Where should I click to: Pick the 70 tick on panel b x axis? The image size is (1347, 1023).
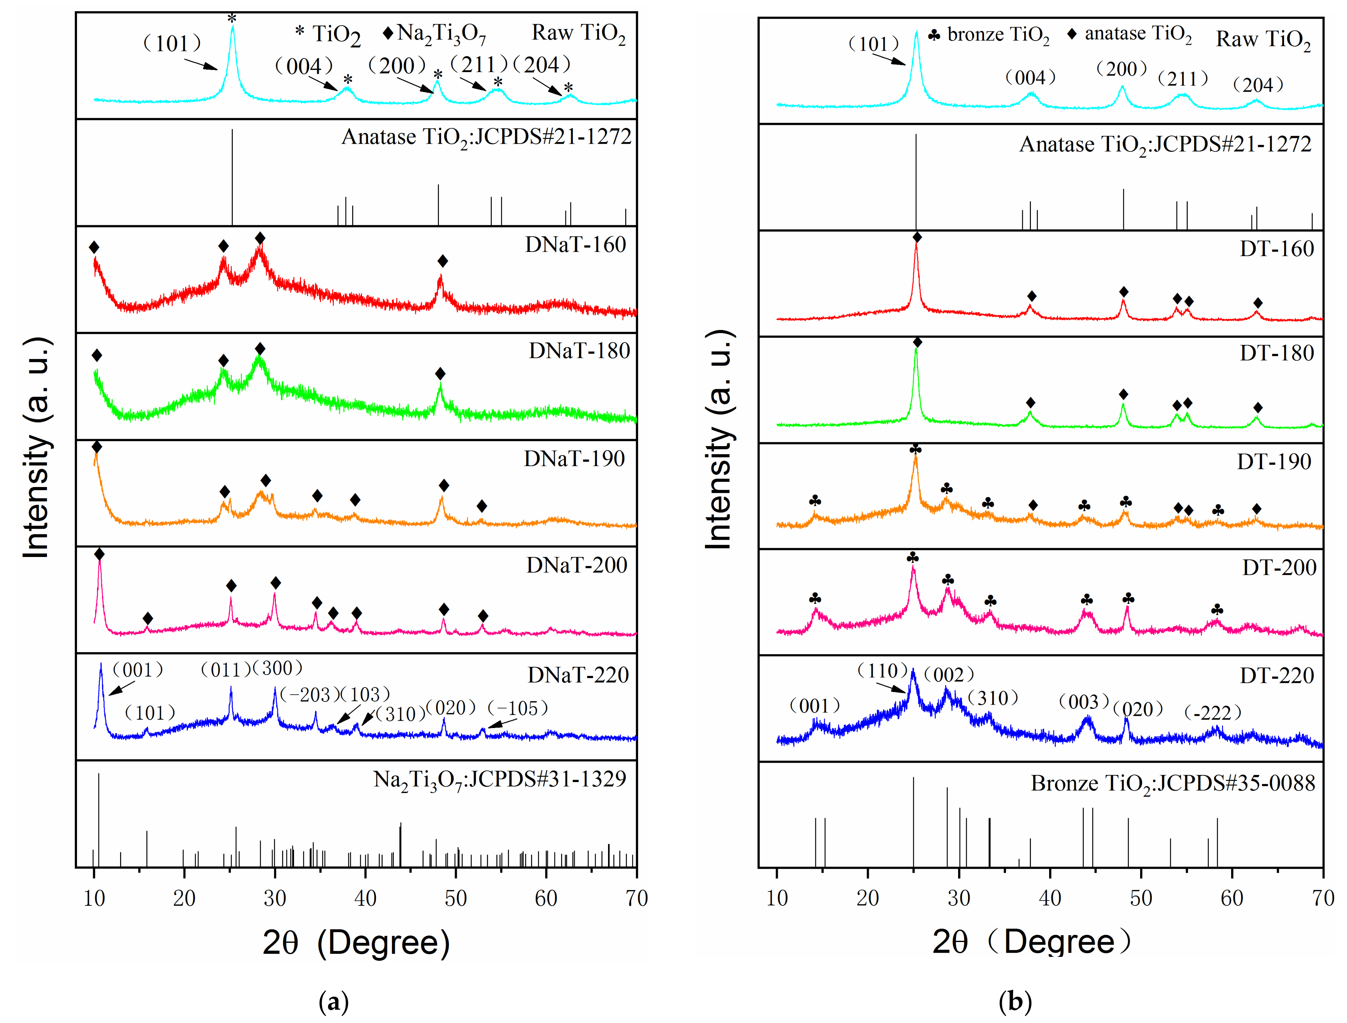coord(1322,897)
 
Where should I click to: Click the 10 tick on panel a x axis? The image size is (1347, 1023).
coord(94,897)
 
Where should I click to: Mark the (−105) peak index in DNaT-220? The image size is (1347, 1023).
coord(517,708)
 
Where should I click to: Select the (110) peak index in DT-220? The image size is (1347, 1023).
coord(881,671)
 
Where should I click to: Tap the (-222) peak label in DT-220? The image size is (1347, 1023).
coord(1212,712)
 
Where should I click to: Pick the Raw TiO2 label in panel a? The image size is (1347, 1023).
coord(578,34)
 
